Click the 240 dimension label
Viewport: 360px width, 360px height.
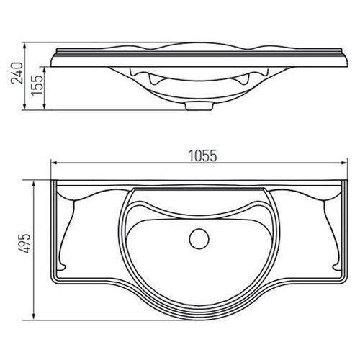(17, 73)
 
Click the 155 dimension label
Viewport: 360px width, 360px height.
(37, 85)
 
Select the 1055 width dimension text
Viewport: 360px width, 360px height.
(203, 156)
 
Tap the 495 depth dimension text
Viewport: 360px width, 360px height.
(25, 243)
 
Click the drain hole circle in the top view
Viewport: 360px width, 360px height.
(199, 239)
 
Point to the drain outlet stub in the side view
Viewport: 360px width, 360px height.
(199, 106)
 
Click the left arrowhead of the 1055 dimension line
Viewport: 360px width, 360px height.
(54, 163)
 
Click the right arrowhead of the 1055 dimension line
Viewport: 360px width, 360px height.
(344, 163)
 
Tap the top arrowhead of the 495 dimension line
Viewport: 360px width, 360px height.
(34, 184)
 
